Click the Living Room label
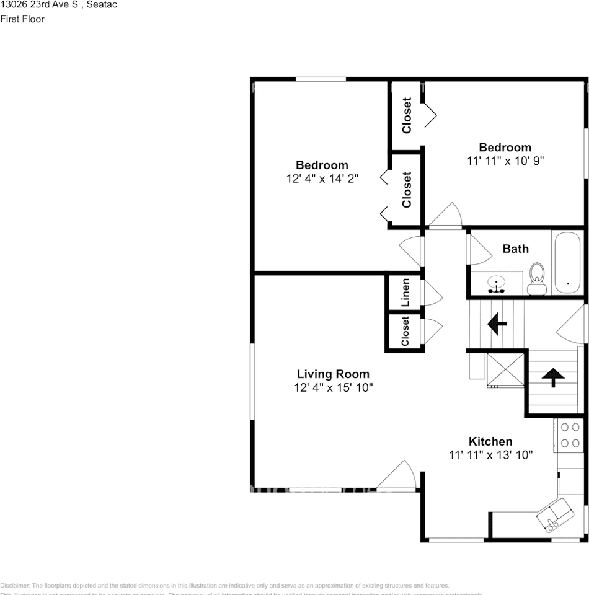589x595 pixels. coord(333,374)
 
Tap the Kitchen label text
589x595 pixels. coord(490,441)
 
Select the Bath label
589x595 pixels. coord(515,249)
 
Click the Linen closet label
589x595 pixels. coord(405,293)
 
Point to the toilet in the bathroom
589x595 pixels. coord(536,278)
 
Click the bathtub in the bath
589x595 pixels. coord(567,263)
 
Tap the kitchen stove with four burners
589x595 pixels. coord(570,434)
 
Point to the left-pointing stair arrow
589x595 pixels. coord(497,323)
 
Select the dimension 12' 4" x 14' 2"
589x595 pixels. coord(322,178)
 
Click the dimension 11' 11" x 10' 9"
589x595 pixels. coord(505,160)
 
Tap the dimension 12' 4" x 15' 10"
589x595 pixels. coord(333,388)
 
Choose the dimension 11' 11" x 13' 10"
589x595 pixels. coord(490,455)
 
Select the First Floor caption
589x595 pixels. coord(22,19)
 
